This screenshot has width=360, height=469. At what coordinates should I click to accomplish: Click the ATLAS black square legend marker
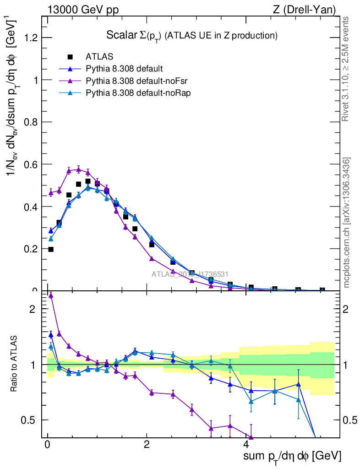(70, 57)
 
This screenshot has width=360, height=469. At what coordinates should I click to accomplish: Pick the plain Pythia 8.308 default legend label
(124, 69)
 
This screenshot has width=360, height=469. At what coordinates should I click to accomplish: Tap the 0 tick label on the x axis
(47, 445)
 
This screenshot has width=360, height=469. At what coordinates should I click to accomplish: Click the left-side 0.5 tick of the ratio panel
(29, 420)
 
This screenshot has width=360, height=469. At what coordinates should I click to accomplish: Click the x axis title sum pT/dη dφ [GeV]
(292, 456)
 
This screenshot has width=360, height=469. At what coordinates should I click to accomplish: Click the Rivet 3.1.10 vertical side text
(346, 69)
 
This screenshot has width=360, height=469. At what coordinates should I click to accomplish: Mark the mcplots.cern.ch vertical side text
(346, 223)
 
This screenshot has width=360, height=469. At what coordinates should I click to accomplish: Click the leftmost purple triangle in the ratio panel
(51, 296)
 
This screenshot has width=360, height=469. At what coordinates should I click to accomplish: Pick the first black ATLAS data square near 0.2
(51, 249)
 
